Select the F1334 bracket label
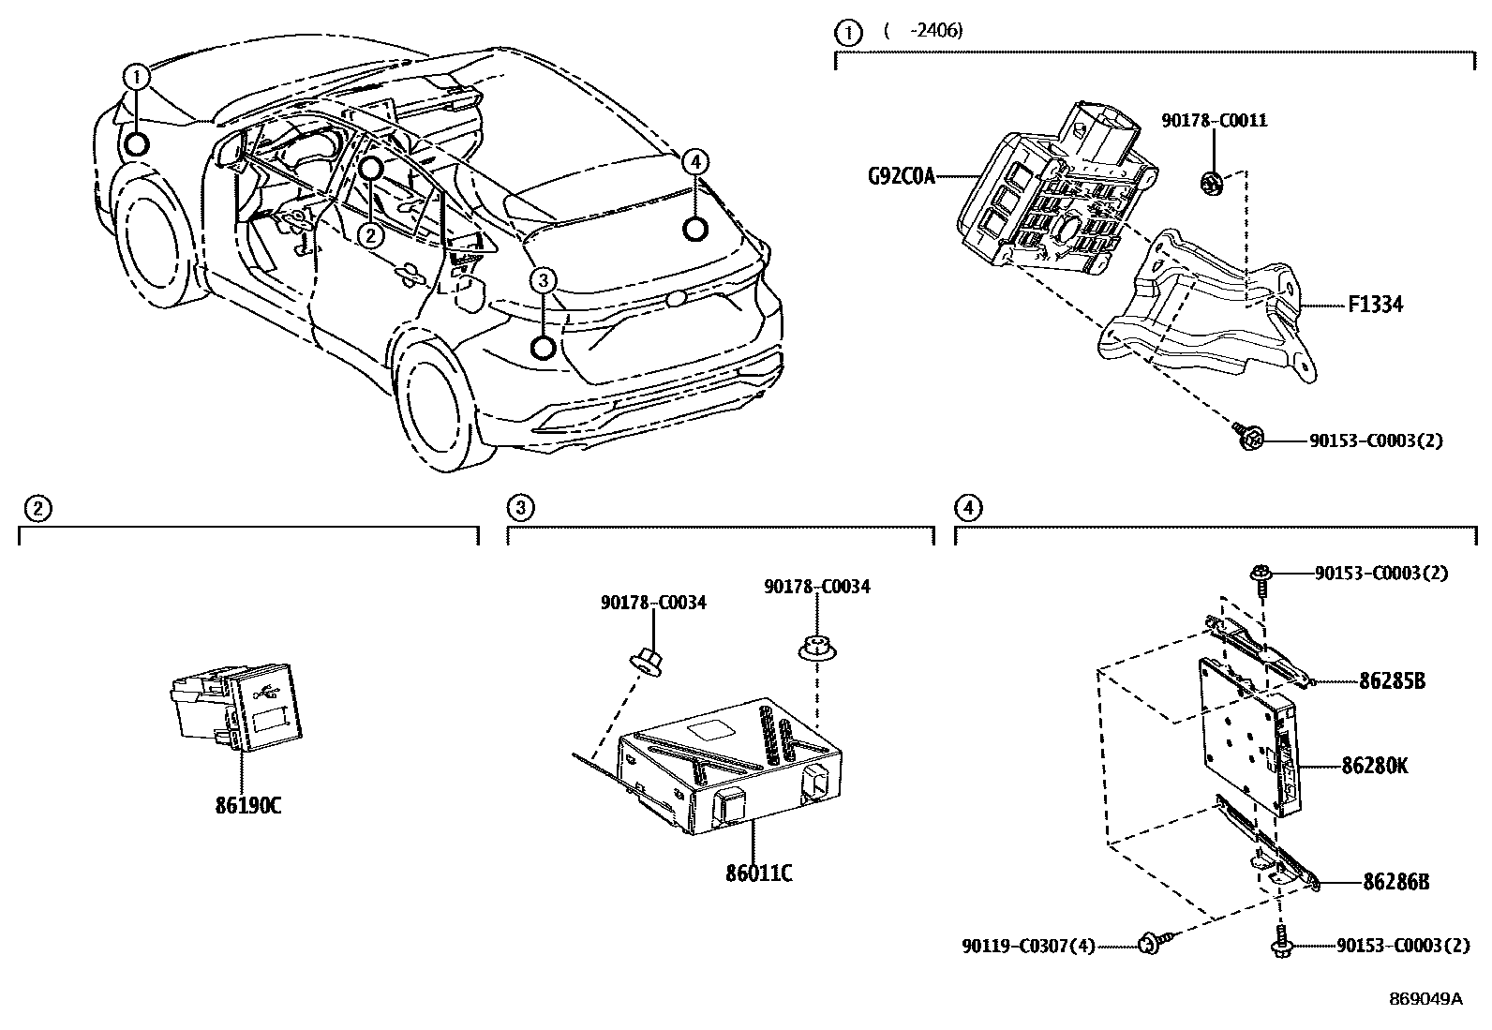tap(1376, 305)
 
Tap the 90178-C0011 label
tap(1215, 120)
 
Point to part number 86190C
tap(247, 805)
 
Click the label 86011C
tap(758, 873)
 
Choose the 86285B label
tap(1392, 681)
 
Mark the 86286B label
tap(1395, 882)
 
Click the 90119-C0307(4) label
tap(1028, 947)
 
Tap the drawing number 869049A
tap(1425, 999)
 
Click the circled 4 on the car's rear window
tap(694, 162)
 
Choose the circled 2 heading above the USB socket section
tap(36, 509)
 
